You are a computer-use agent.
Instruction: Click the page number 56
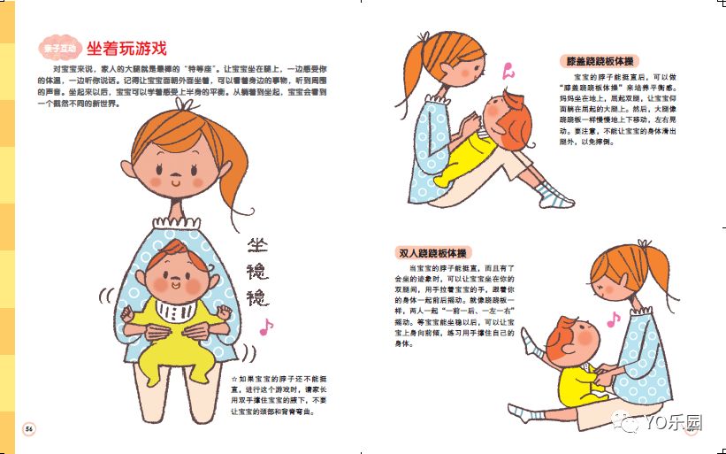click(28, 429)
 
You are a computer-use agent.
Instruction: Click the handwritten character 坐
click(257, 247)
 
